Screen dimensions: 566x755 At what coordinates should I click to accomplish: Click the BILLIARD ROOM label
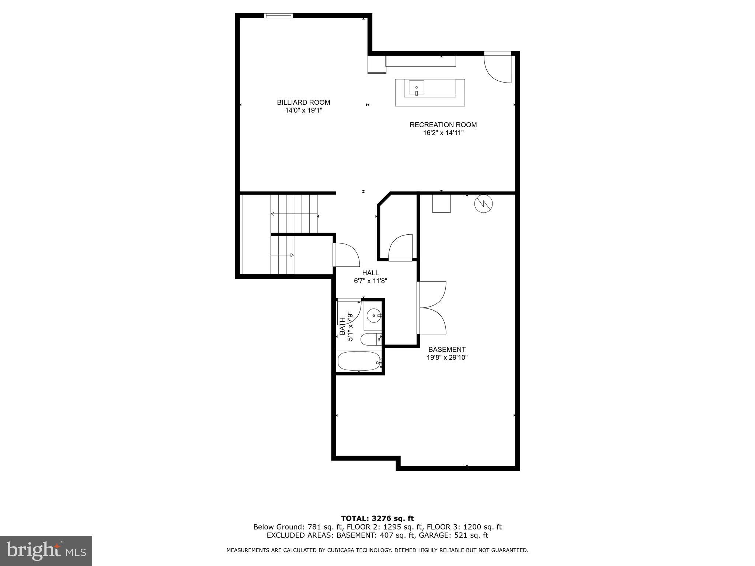303,102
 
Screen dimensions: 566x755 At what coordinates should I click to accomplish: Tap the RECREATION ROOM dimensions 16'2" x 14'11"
443,133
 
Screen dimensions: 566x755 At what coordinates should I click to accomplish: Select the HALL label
370,273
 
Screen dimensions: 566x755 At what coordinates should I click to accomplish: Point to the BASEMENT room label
447,349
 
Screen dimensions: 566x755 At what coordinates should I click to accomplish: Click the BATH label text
342,326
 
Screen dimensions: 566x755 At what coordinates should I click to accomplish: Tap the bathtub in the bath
359,361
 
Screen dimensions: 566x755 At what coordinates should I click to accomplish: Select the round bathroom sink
374,315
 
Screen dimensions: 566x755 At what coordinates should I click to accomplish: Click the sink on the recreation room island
416,88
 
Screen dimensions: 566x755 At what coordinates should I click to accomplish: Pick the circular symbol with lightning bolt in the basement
483,204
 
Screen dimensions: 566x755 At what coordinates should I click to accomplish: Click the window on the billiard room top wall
279,15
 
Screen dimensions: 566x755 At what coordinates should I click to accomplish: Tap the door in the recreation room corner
498,68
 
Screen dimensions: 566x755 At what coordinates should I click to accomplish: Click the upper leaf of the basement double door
432,294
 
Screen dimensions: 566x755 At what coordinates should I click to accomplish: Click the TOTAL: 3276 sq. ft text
377,518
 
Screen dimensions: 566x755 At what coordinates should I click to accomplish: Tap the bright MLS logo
46,551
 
